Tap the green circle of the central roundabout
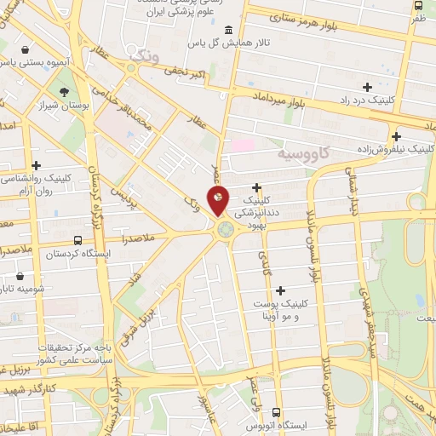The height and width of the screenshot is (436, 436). coord(225,229)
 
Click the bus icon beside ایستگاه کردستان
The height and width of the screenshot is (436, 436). coord(78,241)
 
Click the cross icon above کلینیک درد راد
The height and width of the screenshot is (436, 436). coord(367,87)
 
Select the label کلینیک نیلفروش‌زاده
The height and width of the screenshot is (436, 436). coord(396,148)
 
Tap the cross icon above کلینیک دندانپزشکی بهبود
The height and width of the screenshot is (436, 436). coord(256,186)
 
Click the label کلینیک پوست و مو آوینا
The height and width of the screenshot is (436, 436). coord(280,309)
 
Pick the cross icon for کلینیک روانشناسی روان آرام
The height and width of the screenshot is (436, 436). coord(36,165)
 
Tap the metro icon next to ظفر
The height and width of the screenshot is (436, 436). coord(418,17)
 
